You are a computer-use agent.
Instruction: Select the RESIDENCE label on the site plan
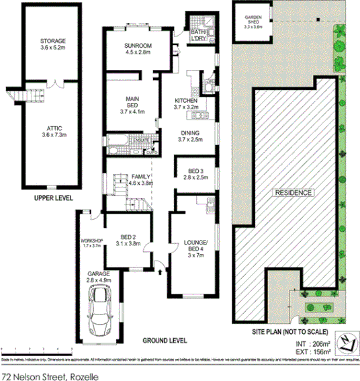pos(293,193)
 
